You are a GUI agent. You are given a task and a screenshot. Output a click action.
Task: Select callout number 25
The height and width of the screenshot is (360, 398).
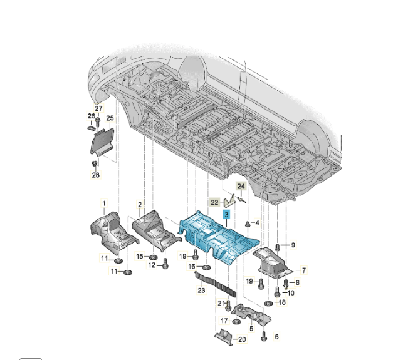110,118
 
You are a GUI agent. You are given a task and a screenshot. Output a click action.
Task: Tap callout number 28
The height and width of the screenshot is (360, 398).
96,175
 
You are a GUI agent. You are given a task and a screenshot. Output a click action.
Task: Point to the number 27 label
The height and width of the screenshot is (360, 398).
98,109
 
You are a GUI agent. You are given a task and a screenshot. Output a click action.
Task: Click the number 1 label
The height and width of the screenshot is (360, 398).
105,203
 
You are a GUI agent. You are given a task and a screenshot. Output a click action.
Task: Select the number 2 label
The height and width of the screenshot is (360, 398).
139,205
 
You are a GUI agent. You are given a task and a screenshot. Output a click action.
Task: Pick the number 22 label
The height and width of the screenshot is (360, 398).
215,202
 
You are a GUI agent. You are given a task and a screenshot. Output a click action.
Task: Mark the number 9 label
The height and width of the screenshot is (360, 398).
292,244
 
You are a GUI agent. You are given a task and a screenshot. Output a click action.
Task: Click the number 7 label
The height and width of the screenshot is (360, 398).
304,270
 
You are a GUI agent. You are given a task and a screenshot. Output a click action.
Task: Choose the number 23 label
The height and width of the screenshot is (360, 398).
201,290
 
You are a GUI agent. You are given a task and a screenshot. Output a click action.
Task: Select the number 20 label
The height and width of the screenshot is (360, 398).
242,339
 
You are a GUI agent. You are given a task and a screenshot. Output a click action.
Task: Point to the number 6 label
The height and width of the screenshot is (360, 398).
276,337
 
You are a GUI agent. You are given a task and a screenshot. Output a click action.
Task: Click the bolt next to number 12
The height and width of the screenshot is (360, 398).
165,264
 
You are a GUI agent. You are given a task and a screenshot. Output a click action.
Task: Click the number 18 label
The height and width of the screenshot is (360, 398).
281,302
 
